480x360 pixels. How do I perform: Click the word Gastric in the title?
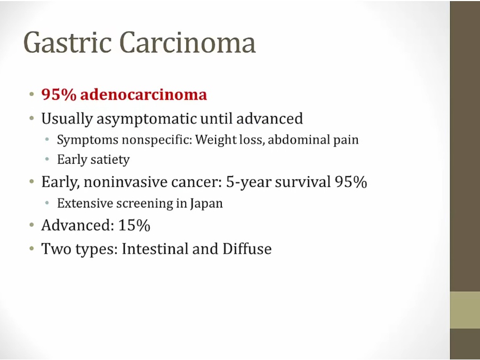coord(67,43)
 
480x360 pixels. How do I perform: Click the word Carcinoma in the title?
coord(187,42)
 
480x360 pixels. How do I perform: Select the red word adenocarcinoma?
coord(143,94)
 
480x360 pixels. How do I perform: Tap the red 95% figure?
coord(59,94)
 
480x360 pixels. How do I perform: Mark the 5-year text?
coord(249,182)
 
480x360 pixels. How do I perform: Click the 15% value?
coord(134,225)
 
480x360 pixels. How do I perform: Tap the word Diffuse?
coord(247,249)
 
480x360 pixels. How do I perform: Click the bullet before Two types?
coord(32,248)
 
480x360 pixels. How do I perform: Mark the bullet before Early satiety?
coord(47,159)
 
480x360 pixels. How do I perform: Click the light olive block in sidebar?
coord(465,310)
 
